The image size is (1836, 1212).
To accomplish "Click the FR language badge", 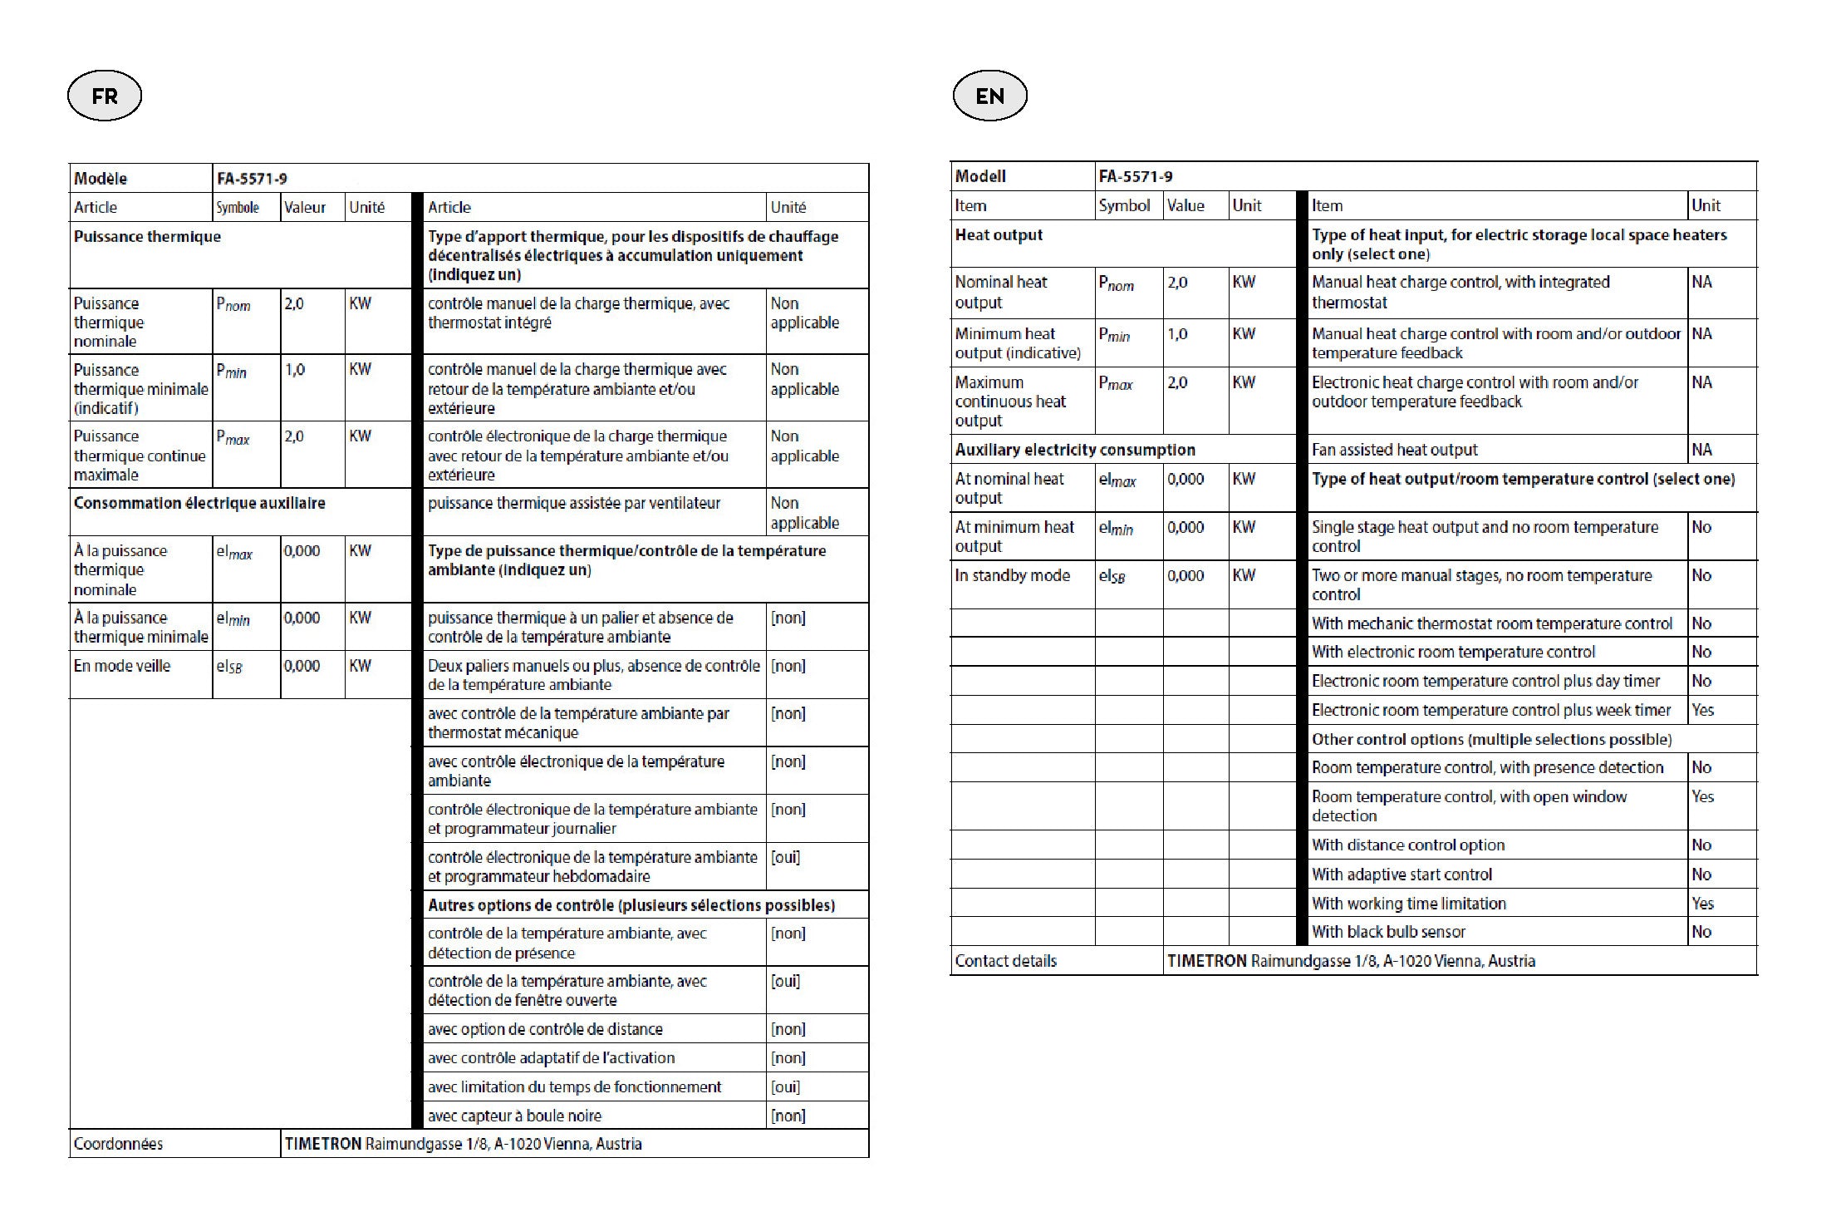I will pos(105,96).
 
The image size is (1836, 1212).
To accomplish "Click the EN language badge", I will pos(989,96).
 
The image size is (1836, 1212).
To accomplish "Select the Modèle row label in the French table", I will pos(101,178).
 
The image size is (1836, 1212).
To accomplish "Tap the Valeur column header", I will pos(305,207).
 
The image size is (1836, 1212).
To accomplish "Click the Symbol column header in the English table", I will pos(1124,205).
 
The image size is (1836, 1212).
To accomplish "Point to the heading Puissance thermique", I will pos(147,237).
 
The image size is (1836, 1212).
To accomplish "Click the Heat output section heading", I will pos(999,234).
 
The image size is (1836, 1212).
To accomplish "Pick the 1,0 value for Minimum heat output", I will pos(1177,334).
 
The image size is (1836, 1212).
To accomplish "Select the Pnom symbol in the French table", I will pos(233,304).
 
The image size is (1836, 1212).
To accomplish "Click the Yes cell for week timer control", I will pos(1703,710).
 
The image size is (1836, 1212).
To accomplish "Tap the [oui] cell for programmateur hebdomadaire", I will pos(786,857).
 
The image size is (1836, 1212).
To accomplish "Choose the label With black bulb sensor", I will pos(1388,932).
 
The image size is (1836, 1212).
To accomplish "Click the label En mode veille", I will pos(122,666).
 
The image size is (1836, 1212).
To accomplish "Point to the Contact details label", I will pos(1006,961).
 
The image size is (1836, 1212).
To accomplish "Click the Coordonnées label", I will pos(118,1144).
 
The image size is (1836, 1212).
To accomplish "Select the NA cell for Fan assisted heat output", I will pos(1702,450).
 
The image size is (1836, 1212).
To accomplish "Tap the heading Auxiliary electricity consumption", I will pos(1075,450).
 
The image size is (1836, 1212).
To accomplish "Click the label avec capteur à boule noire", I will pos(514,1116).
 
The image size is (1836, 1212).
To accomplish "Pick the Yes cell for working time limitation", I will pos(1703,904).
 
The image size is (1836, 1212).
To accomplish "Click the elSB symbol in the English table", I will pos(1112,576).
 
